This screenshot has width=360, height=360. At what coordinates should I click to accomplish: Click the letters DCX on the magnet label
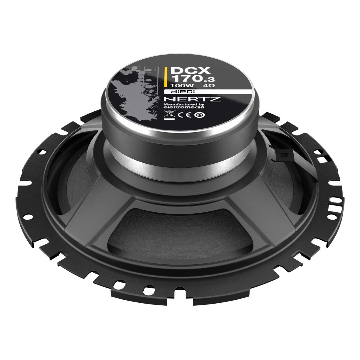[x=190, y=70]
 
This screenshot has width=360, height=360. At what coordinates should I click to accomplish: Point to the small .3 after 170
[x=210, y=80]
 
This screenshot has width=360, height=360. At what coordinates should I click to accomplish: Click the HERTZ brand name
[x=192, y=99]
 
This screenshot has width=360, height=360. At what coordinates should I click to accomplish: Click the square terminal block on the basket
[x=283, y=154]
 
